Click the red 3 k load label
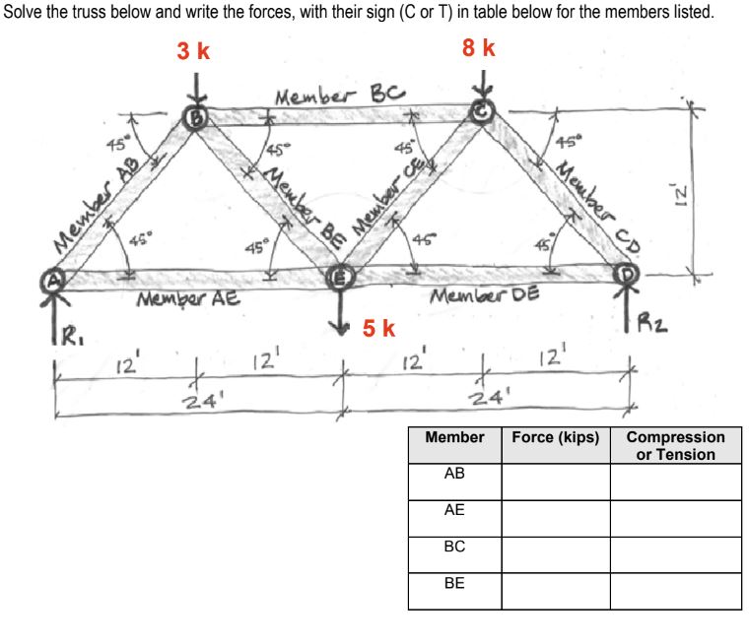[193, 51]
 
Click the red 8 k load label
[478, 48]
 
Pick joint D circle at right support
[625, 270]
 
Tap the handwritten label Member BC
[339, 97]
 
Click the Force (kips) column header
[555, 437]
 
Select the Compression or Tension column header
[675, 445]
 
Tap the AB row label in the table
[454, 474]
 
